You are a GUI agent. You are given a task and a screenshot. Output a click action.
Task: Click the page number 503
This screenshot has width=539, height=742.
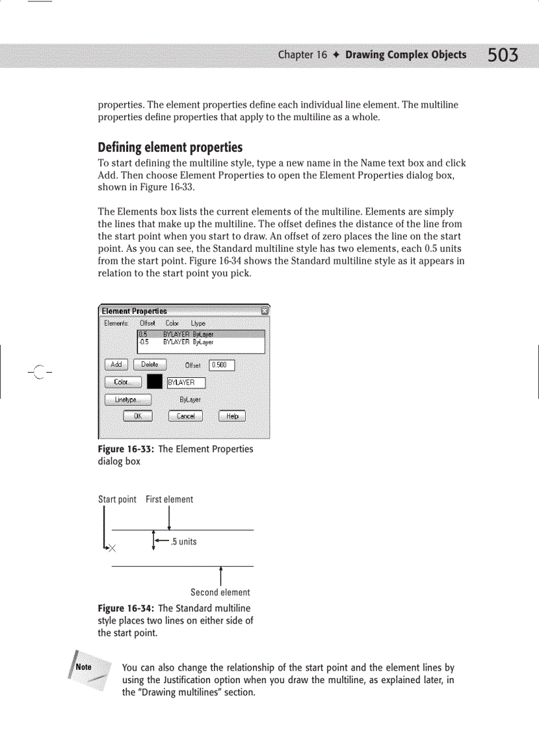click(503, 56)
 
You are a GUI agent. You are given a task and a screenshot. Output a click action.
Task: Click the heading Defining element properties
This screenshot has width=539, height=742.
click(170, 147)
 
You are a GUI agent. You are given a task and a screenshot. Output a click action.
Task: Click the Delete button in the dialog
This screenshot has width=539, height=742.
click(150, 365)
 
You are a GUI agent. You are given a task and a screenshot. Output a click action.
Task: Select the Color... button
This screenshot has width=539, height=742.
click(123, 383)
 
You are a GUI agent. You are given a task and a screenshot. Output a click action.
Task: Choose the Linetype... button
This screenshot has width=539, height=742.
click(128, 400)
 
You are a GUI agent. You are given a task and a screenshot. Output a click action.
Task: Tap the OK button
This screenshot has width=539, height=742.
click(138, 416)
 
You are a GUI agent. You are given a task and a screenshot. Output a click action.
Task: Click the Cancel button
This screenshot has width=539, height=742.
click(186, 416)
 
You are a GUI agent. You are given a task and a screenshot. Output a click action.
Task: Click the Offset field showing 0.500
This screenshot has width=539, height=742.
click(221, 365)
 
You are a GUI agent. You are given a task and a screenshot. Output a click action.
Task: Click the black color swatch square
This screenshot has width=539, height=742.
click(155, 383)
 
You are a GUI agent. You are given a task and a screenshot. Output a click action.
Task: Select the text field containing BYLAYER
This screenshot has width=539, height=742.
click(186, 383)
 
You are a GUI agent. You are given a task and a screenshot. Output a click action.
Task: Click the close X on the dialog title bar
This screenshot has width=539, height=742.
click(264, 311)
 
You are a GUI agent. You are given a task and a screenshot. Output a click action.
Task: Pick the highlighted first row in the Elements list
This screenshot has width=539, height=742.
click(201, 335)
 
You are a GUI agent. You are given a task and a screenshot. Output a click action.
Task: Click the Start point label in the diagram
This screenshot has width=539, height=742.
click(117, 500)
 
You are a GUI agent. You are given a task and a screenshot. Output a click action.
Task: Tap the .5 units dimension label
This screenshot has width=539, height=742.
click(183, 542)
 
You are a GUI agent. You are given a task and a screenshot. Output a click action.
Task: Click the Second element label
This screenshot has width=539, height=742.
click(220, 593)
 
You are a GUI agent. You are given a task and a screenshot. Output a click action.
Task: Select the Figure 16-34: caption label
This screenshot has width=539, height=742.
click(126, 608)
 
